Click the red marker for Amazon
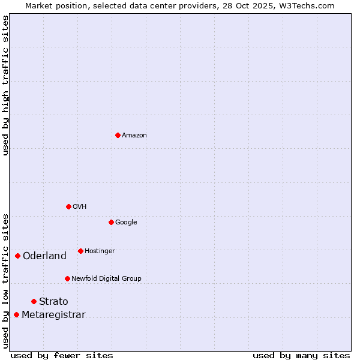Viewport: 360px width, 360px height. [118, 135]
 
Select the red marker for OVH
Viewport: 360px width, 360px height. [68, 206]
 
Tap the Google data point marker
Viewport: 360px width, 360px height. [111, 222]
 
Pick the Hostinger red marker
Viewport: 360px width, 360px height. [80, 251]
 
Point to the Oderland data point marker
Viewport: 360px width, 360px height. [17, 256]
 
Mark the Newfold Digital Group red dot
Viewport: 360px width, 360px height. [67, 278]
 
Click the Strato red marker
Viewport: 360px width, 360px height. [34, 301]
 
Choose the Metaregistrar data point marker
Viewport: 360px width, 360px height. [16, 314]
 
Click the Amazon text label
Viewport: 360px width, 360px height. [134, 136]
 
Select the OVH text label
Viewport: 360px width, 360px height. [80, 207]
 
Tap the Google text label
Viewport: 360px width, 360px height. [126, 223]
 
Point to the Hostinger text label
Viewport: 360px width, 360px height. [100, 251]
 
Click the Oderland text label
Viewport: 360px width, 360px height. [44, 256]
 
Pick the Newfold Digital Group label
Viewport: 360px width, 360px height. [106, 279]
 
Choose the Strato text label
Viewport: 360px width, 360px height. [53, 302]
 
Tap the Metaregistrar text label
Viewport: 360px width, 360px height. [53, 315]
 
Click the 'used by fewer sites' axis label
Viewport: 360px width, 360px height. [62, 355]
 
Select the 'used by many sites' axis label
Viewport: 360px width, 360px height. [301, 355]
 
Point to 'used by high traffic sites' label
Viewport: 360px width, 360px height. [5, 85]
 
